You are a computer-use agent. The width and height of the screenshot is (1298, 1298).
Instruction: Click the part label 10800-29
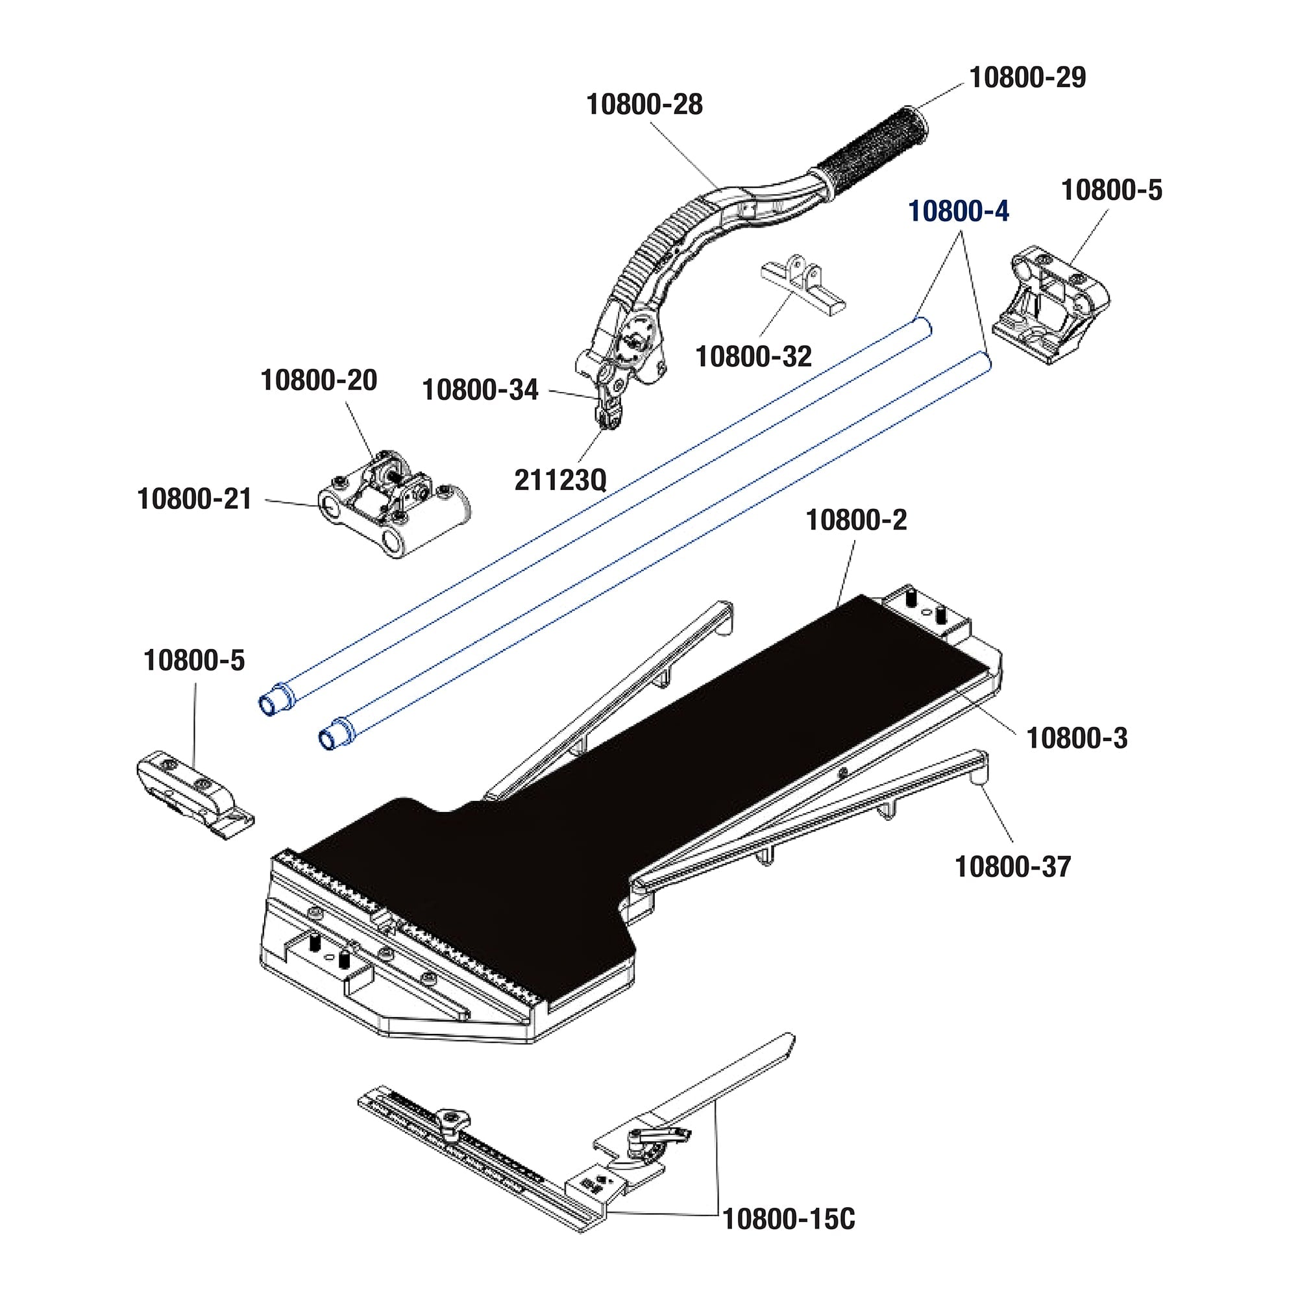click(x=1027, y=78)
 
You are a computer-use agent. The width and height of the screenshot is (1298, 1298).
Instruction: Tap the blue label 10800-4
click(x=958, y=212)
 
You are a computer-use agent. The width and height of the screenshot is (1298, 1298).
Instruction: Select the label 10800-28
click(x=644, y=104)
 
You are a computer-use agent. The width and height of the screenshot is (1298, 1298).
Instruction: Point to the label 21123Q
click(x=560, y=480)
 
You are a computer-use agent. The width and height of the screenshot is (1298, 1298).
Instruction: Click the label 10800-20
click(x=319, y=380)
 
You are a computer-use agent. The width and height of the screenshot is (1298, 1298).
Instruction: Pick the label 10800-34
click(x=480, y=389)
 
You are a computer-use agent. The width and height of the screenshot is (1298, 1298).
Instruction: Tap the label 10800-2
click(x=856, y=520)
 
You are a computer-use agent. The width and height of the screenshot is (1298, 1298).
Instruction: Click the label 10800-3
click(x=1077, y=739)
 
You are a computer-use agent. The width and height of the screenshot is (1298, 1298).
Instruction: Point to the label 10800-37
click(x=1012, y=866)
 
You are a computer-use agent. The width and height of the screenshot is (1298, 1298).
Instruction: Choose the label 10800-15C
click(x=788, y=1238)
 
